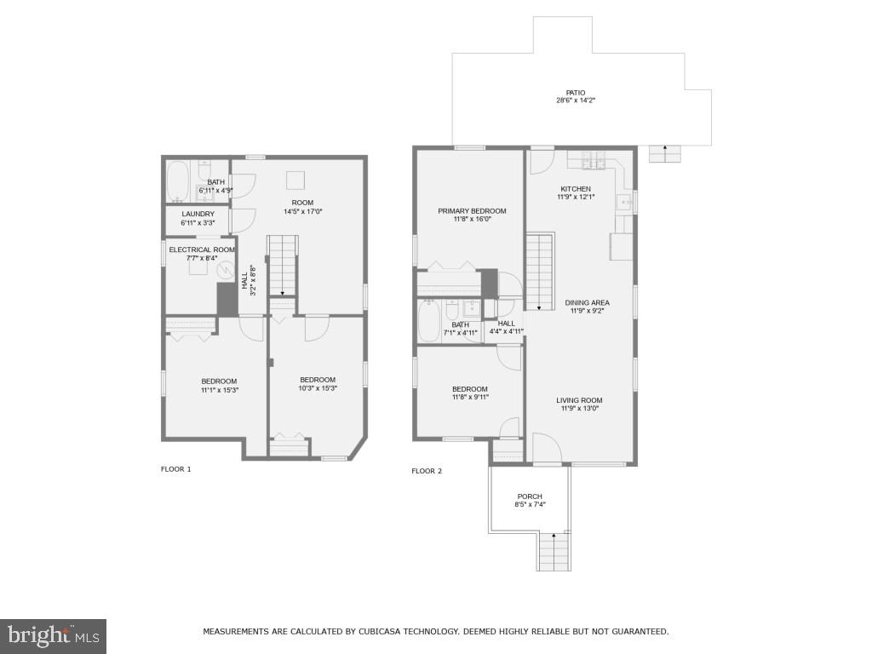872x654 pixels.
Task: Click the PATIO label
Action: click(x=576, y=93)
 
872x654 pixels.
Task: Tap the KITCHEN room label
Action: click(x=576, y=189)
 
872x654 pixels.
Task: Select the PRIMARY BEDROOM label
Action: click(x=472, y=211)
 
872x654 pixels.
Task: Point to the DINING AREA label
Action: click(x=587, y=302)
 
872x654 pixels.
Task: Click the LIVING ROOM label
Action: click(x=579, y=400)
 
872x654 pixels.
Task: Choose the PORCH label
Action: click(x=530, y=496)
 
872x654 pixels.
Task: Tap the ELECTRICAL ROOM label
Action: click(x=201, y=250)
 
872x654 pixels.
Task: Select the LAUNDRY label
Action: click(x=198, y=214)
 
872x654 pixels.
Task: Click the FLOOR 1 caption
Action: click(x=176, y=469)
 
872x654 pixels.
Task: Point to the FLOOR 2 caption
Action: click(x=427, y=471)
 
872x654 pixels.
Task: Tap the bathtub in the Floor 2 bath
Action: click(x=429, y=321)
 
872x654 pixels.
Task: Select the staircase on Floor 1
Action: click(x=283, y=266)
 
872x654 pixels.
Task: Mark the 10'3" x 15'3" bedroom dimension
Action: click(x=318, y=388)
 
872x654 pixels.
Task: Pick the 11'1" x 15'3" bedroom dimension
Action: click(x=219, y=390)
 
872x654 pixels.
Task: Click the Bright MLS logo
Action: click(x=53, y=635)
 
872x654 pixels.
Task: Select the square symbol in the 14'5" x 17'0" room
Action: click(x=295, y=180)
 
